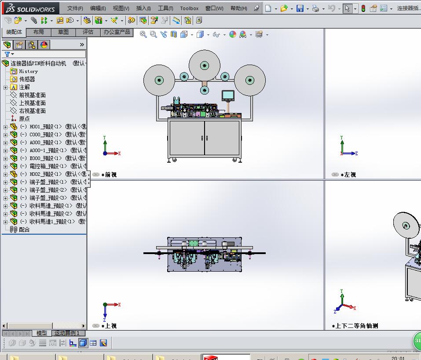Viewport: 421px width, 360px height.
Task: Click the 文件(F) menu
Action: (x=75, y=8)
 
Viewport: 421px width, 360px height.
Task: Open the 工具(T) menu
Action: (x=165, y=8)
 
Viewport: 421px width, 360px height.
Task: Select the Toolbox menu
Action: (x=189, y=8)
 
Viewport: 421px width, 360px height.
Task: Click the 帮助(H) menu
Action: (x=238, y=8)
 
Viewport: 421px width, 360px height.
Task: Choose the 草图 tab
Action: (x=63, y=32)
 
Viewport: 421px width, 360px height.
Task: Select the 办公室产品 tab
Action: (x=117, y=32)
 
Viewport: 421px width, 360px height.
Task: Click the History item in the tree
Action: (x=28, y=71)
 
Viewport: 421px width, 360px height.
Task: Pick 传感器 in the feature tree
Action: (x=27, y=79)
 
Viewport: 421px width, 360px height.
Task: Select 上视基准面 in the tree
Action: (x=32, y=103)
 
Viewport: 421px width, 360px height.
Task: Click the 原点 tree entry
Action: (x=24, y=119)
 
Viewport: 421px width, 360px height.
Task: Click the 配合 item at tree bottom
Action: (x=24, y=229)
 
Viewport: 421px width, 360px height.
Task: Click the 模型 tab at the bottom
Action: (x=41, y=333)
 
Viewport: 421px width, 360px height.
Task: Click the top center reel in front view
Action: (x=205, y=65)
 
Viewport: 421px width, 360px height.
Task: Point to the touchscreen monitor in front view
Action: (x=228, y=95)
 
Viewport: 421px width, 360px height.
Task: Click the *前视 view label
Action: (x=109, y=175)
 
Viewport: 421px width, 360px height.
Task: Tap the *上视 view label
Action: (x=109, y=326)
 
